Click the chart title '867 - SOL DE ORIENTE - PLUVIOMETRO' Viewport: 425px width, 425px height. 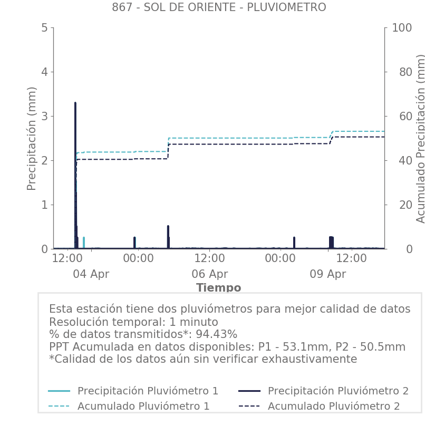tap(219, 7)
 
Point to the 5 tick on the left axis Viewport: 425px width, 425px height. tap(44, 27)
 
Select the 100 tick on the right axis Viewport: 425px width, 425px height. tap(401, 27)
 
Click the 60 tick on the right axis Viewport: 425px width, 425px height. tap(398, 116)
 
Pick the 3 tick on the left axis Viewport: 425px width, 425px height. tap(44, 116)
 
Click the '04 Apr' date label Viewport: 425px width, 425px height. tap(91, 274)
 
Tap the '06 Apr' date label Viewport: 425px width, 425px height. tap(209, 274)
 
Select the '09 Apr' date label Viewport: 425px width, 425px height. tap(327, 274)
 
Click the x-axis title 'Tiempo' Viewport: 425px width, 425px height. tap(218, 288)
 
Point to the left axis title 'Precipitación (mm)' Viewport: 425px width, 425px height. tap(32, 138)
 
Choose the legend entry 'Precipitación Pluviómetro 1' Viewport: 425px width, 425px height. tap(148, 391)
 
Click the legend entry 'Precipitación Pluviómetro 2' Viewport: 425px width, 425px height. tap(338, 391)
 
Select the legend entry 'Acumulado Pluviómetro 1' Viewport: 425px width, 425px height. tap(143, 406)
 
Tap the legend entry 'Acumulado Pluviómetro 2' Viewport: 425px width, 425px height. tap(334, 406)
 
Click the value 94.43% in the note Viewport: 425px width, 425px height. tap(216, 334)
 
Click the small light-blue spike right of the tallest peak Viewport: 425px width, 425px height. tap(83, 242)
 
